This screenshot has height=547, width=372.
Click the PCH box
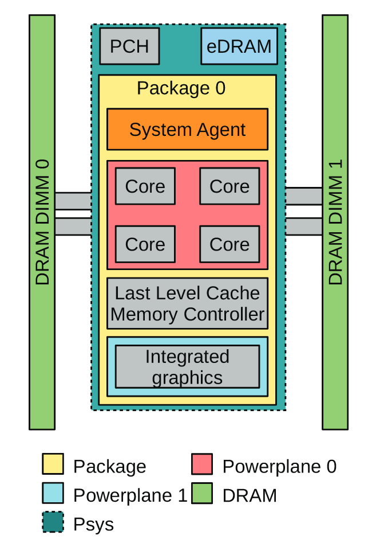point(129,46)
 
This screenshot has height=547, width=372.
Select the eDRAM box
point(239,46)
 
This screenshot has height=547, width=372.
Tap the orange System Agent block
point(187,130)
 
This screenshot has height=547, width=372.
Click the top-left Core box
point(145,186)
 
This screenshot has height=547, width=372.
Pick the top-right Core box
point(229,186)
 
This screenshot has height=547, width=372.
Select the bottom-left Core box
point(145,244)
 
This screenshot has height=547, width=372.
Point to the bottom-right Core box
point(229,244)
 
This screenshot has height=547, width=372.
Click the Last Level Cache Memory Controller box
point(187,303)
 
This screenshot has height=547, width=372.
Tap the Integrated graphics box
point(187,367)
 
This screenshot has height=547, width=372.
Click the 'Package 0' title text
point(181,88)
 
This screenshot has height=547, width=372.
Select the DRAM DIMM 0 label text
point(42,222)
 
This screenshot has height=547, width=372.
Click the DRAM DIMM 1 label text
point(335,222)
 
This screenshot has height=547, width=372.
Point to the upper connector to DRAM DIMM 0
point(73,201)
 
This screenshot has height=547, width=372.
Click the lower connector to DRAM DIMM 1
point(303,226)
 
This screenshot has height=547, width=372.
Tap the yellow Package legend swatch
point(53,464)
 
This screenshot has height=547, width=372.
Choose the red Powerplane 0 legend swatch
point(202,464)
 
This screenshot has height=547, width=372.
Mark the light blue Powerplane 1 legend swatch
point(53,494)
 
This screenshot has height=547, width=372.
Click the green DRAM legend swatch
point(202,494)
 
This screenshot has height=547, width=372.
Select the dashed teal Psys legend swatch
point(53,522)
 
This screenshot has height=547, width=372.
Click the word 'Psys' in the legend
point(93,524)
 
